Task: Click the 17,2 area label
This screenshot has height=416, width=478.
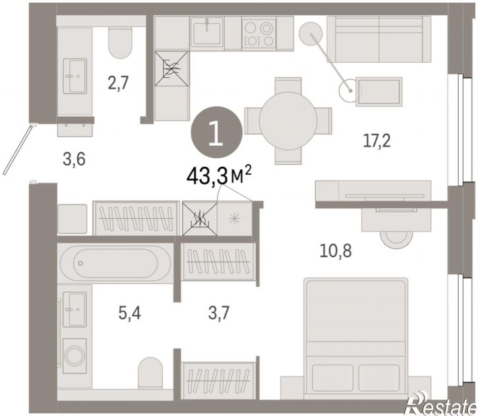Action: pyautogui.click(x=376, y=141)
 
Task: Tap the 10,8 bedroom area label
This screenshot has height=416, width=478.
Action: pyautogui.click(x=336, y=251)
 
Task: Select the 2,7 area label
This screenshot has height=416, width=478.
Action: pyautogui.click(x=118, y=83)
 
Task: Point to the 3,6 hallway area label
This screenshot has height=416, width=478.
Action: pyautogui.click(x=74, y=159)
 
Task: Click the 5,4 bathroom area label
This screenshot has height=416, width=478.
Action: pyautogui.click(x=130, y=313)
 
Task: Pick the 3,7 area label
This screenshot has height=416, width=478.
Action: pyautogui.click(x=219, y=313)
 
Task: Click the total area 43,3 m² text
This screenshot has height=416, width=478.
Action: pyautogui.click(x=219, y=177)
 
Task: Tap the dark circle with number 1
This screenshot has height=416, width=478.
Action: pyautogui.click(x=217, y=132)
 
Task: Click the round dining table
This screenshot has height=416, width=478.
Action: pyautogui.click(x=288, y=121)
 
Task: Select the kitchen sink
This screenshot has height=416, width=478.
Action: pyautogui.click(x=207, y=33)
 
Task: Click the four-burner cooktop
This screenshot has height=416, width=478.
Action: pyautogui.click(x=259, y=33)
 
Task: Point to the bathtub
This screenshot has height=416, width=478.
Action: pyautogui.click(x=115, y=263)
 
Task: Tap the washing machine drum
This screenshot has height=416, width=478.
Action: pyautogui.click(x=75, y=356)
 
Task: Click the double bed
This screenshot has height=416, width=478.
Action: pyautogui.click(x=356, y=338)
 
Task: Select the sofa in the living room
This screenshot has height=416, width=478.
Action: pyautogui.click(x=379, y=39)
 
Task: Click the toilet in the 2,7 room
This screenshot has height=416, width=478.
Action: pyautogui.click(x=120, y=42)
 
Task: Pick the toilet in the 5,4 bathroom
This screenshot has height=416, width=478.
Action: pyautogui.click(x=150, y=373)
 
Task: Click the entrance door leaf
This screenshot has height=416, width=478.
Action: pyautogui.click(x=17, y=150)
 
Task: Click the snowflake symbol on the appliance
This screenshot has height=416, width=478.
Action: pyautogui.click(x=235, y=218)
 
